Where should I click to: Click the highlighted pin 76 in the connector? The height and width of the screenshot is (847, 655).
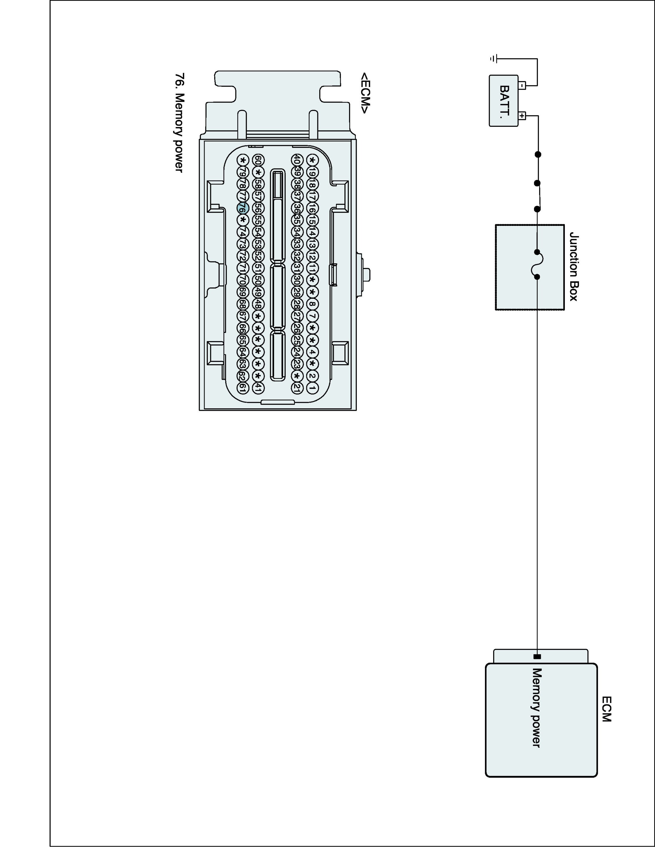pyautogui.click(x=242, y=208)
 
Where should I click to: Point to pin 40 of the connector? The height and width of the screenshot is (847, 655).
pyautogui.click(x=296, y=160)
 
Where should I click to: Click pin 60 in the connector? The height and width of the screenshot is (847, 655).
pyautogui.click(x=258, y=160)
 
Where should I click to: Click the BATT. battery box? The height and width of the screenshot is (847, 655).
pyautogui.click(x=504, y=101)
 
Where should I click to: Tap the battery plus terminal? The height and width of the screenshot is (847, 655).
pyautogui.click(x=522, y=115)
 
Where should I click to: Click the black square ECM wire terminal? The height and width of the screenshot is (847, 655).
pyautogui.click(x=537, y=657)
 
